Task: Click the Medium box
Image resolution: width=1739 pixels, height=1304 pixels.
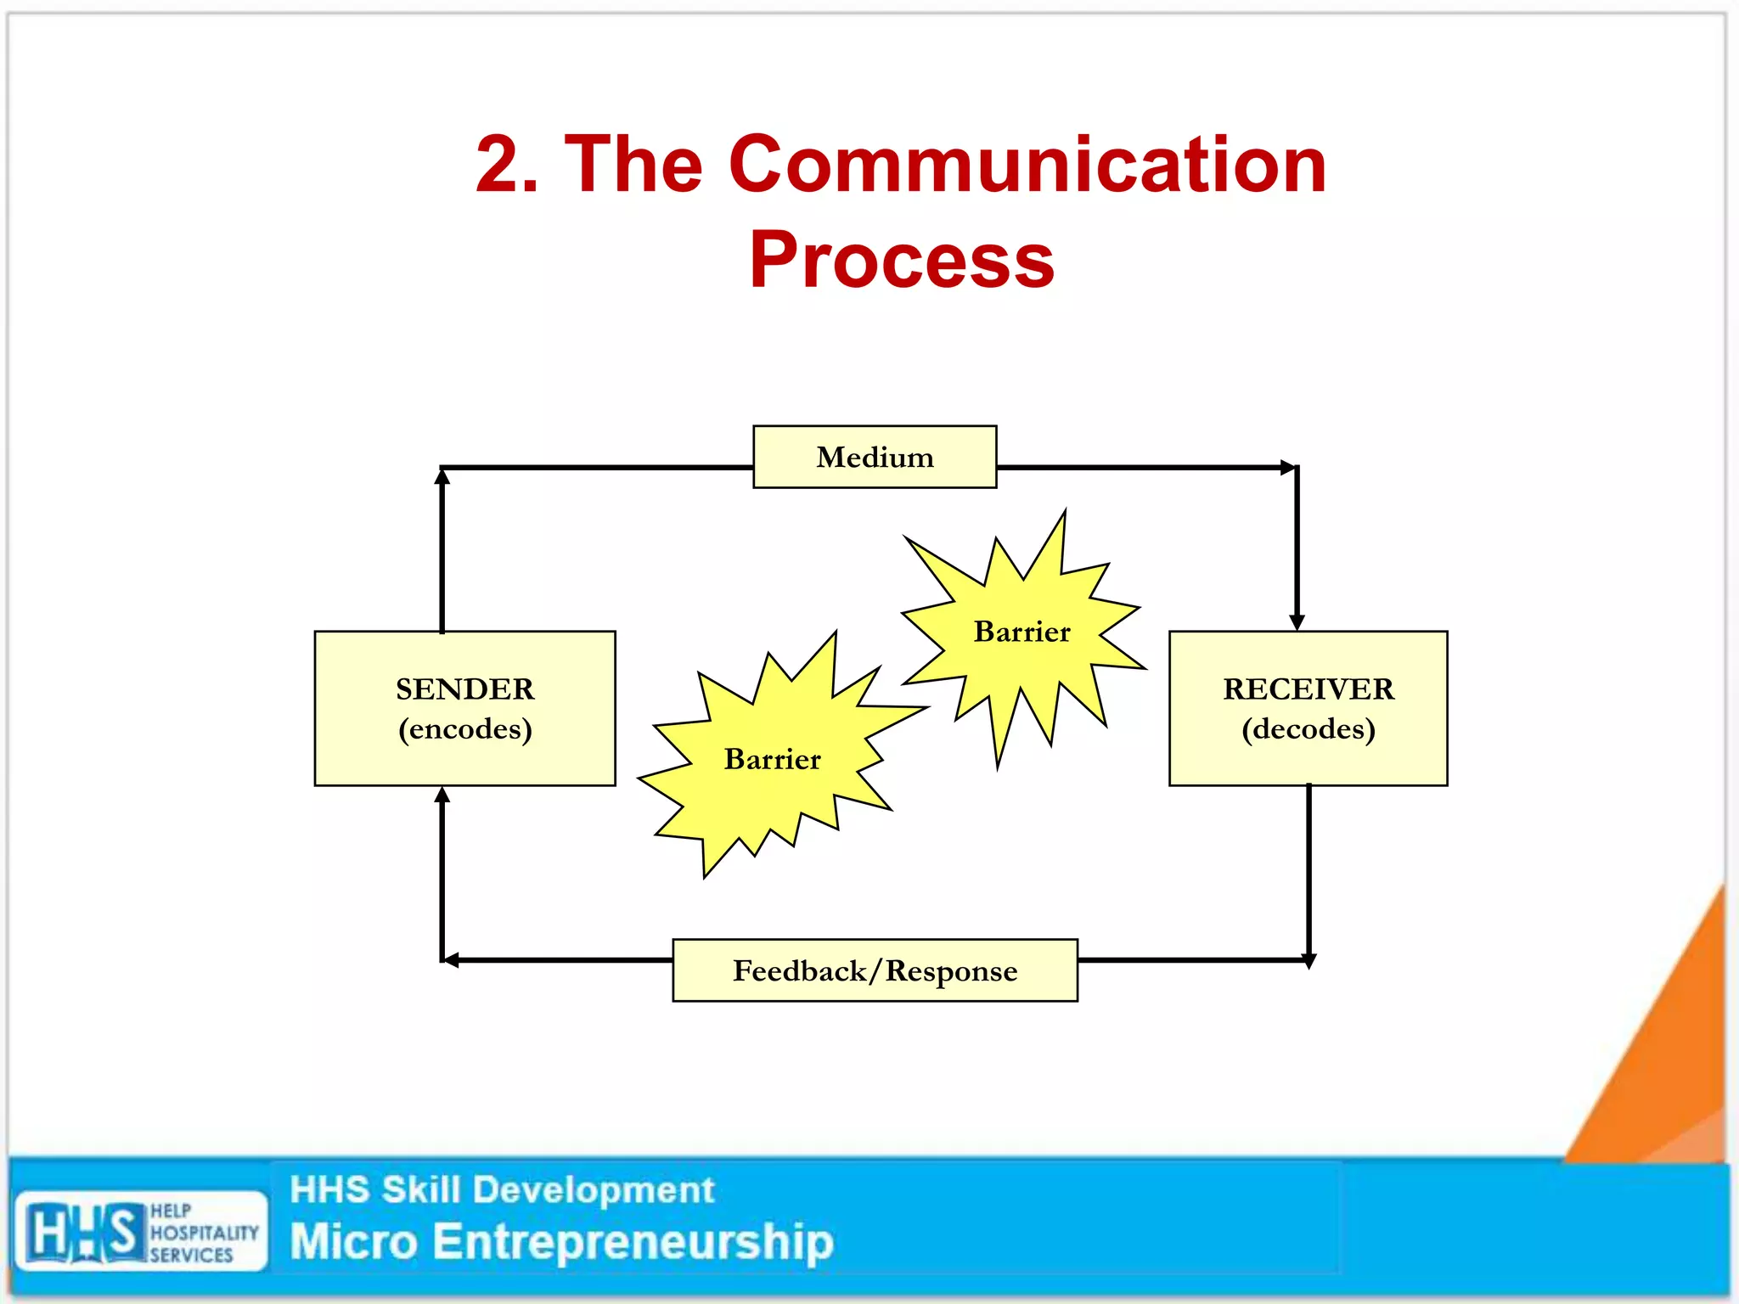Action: pos(875,457)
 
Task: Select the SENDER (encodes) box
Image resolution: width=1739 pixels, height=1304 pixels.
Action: pos(464,708)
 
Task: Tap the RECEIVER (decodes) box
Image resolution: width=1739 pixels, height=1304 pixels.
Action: pos(1308,708)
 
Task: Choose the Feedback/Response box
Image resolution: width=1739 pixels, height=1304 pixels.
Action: pos(875,970)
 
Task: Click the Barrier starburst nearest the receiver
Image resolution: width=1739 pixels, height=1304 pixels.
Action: pos(1022,632)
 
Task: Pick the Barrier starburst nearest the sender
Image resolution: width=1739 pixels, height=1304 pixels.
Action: pos(772,758)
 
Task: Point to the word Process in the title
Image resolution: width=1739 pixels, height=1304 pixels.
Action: pos(902,260)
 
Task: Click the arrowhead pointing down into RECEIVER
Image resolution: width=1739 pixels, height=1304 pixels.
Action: pos(1297,622)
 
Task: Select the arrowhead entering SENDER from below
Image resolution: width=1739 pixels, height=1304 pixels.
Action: pos(442,795)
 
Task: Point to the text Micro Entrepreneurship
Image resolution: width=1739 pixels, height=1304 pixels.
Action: pos(561,1242)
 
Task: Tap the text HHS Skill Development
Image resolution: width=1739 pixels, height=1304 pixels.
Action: pos(502,1189)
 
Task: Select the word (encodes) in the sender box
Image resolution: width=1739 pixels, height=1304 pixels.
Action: pos(464,729)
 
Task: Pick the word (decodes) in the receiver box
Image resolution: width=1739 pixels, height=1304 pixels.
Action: pos(1308,729)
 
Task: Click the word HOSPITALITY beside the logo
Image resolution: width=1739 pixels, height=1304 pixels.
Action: pos(204,1232)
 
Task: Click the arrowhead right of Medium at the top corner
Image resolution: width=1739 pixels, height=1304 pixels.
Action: pos(1288,467)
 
